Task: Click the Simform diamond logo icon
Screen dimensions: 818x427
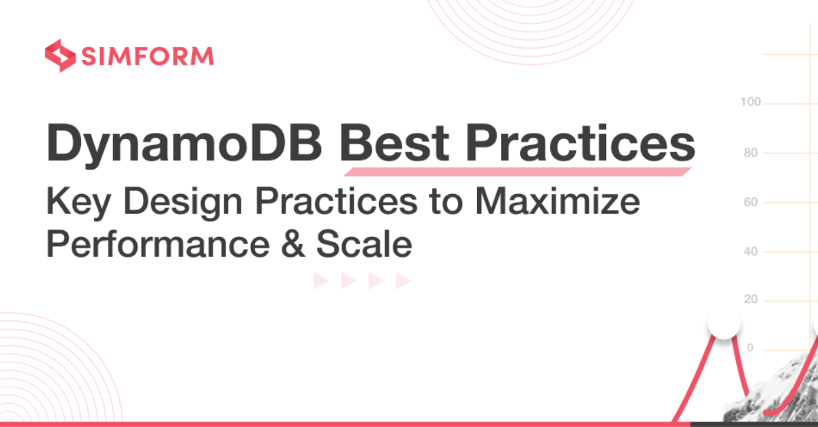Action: [x=60, y=55]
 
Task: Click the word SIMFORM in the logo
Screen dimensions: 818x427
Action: [x=147, y=57]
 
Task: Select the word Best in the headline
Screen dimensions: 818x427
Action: [x=394, y=143]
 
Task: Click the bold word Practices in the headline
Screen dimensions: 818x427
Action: [x=580, y=143]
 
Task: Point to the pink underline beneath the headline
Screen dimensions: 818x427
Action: [x=517, y=172]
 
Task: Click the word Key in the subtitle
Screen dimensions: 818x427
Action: [x=78, y=203]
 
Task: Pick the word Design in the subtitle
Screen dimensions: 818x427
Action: [x=183, y=203]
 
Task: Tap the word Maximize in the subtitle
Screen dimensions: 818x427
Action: [x=558, y=201]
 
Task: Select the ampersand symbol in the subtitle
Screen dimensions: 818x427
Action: [x=293, y=244]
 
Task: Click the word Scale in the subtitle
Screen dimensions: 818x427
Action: [x=364, y=244]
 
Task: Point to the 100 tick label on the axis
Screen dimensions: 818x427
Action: [x=751, y=102]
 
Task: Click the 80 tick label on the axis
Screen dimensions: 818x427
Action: [x=751, y=153]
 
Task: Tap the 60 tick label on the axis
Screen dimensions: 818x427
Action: [x=751, y=202]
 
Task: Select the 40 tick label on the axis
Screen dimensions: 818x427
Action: [x=751, y=251]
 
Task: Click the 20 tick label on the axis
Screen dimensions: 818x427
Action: [x=751, y=299]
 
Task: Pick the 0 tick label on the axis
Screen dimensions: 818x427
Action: [x=751, y=348]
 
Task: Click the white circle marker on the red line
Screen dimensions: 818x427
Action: [x=724, y=323]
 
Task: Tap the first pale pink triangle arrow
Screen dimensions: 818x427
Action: [x=320, y=281]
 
